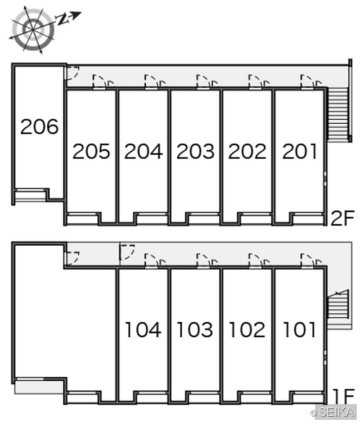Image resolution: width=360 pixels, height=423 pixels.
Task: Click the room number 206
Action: [x=40, y=126]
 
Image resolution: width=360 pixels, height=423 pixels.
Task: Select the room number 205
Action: [x=91, y=151]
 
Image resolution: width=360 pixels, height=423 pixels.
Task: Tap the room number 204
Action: [x=144, y=151]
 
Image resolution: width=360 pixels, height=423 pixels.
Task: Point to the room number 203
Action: [x=195, y=151]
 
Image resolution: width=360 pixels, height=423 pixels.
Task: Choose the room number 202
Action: [x=247, y=151]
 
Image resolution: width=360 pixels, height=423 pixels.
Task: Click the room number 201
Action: [x=300, y=151]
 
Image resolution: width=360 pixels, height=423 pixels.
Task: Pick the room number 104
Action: [x=143, y=329]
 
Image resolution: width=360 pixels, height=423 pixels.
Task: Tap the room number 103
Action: [x=195, y=329]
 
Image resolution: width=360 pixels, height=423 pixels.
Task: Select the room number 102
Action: [x=247, y=329]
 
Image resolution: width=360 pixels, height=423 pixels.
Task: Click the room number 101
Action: [x=299, y=329]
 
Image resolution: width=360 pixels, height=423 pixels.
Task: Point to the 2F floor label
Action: [x=342, y=218]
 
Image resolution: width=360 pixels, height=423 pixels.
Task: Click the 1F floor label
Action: [x=343, y=396]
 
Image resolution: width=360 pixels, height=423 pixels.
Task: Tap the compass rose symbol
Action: [x=33, y=29]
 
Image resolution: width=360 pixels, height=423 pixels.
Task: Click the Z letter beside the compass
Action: [x=62, y=19]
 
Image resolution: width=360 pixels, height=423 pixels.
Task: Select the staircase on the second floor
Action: [x=337, y=113]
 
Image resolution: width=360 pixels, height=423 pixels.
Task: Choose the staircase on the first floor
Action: [x=338, y=304]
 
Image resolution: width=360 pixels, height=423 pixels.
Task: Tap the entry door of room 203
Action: [x=203, y=82]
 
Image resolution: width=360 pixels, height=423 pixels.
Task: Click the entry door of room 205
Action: [x=99, y=82]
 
